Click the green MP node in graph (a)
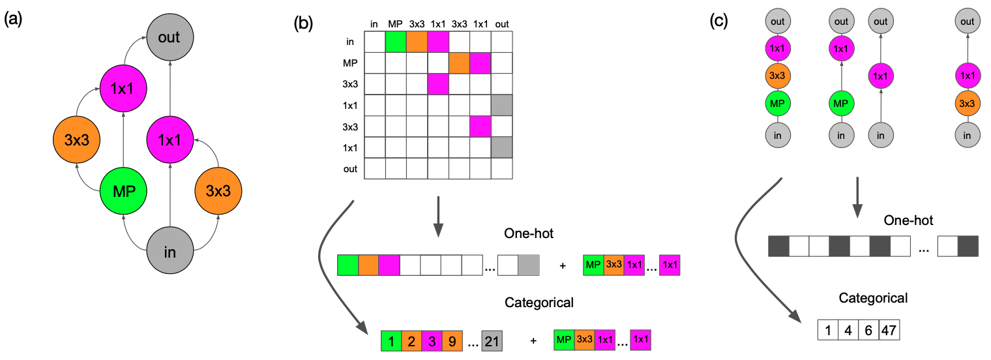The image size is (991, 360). [x=125, y=192]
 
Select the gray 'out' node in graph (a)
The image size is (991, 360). [x=169, y=37]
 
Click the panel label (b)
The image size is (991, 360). [x=304, y=23]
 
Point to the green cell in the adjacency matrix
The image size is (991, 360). [x=396, y=42]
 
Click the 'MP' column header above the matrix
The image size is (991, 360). [x=395, y=25]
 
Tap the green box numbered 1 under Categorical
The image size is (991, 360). [x=391, y=341]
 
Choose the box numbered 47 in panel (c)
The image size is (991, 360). [x=889, y=330]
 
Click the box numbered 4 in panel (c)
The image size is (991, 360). [x=848, y=330]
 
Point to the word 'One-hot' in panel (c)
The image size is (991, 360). [x=908, y=220]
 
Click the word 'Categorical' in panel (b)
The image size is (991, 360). [x=539, y=303]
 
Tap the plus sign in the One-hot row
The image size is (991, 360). [x=563, y=266]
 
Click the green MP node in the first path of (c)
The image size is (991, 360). [x=777, y=102]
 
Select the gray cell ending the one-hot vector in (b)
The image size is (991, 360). [x=529, y=265]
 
